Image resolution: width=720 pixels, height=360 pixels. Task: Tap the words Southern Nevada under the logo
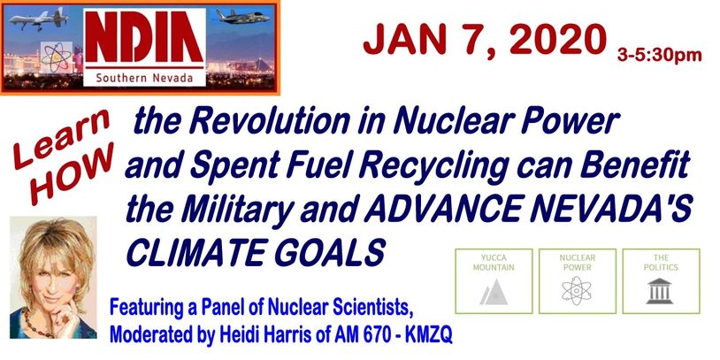[x=144, y=78]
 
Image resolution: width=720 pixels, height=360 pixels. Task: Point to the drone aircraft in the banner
[x=39, y=19]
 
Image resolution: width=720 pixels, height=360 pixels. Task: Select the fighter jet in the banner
[x=242, y=17]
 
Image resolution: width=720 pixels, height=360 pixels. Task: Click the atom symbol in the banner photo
[x=57, y=57]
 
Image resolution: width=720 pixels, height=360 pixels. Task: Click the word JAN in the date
[x=403, y=40]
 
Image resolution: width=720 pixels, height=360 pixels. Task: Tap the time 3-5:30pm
[x=659, y=55]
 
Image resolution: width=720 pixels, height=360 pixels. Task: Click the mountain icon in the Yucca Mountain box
[x=494, y=292]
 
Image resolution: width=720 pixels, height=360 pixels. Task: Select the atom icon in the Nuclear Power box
[x=578, y=292]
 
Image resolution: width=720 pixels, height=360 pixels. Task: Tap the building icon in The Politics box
[x=660, y=291]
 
